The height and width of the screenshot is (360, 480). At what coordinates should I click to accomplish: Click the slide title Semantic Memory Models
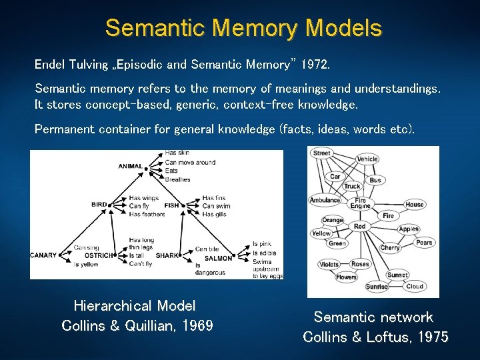[x=243, y=28]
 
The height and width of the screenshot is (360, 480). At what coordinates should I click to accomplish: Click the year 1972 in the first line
[x=315, y=65]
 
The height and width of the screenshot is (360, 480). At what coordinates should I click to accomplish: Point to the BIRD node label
[x=99, y=205]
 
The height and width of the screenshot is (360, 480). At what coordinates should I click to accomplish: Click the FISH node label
[x=171, y=205]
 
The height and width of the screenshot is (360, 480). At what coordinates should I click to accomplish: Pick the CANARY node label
[x=43, y=255]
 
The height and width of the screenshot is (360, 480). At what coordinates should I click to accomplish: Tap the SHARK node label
[x=167, y=256]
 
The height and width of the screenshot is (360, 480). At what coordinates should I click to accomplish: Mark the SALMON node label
[x=218, y=258]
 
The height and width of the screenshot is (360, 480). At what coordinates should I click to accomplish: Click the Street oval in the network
[x=321, y=153]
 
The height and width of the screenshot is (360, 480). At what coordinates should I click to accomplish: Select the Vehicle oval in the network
[x=367, y=159]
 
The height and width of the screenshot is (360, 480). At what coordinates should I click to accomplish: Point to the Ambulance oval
[x=325, y=200]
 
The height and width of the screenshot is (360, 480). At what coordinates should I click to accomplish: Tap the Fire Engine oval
[x=360, y=203]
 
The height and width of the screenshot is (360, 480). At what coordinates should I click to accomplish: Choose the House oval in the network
[x=414, y=205]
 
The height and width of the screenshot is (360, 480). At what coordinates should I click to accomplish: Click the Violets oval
[x=329, y=264]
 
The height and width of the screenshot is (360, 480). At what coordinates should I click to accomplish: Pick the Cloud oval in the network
[x=415, y=286]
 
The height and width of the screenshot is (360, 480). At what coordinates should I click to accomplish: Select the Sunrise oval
[x=377, y=287]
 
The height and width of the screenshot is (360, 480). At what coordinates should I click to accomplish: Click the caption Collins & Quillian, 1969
[x=137, y=325]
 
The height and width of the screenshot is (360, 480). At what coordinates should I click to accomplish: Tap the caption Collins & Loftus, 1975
[x=375, y=337]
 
